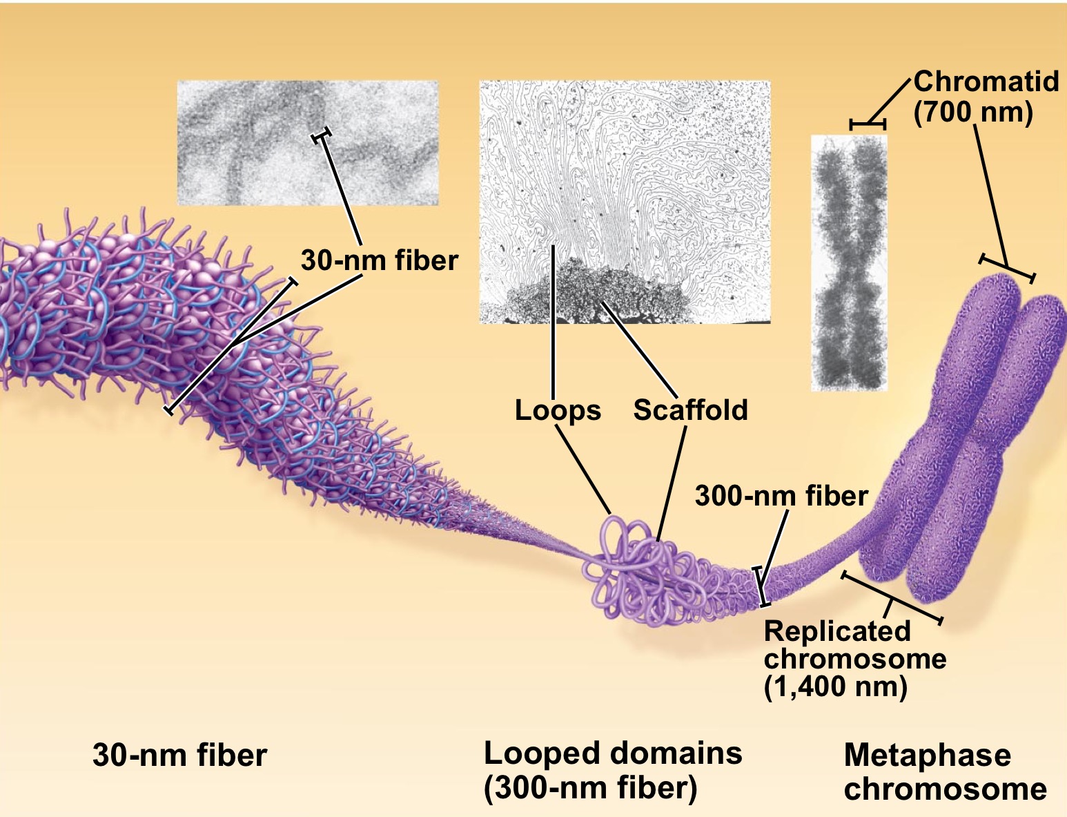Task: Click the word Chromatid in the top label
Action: pyautogui.click(x=986, y=81)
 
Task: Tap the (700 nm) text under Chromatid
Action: pyautogui.click(x=973, y=113)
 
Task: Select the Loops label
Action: pyautogui.click(x=558, y=410)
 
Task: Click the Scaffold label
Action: pyautogui.click(x=690, y=410)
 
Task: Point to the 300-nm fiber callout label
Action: pyautogui.click(x=781, y=496)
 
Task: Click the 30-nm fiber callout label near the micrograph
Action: pyautogui.click(x=379, y=260)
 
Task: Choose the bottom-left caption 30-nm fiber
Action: pyautogui.click(x=179, y=755)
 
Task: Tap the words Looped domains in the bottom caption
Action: pyautogui.click(x=613, y=753)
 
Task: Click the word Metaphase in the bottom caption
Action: pyautogui.click(x=927, y=755)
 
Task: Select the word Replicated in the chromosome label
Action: pyautogui.click(x=836, y=631)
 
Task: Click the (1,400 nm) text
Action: pyautogui.click(x=835, y=687)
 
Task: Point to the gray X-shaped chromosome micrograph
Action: pyautogui.click(x=849, y=262)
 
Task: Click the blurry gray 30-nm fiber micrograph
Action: pyautogui.click(x=308, y=143)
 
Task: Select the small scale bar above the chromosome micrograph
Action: pyautogui.click(x=868, y=124)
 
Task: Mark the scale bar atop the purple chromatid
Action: pyautogui.click(x=1006, y=269)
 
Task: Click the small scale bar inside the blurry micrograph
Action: pyautogui.click(x=322, y=135)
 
